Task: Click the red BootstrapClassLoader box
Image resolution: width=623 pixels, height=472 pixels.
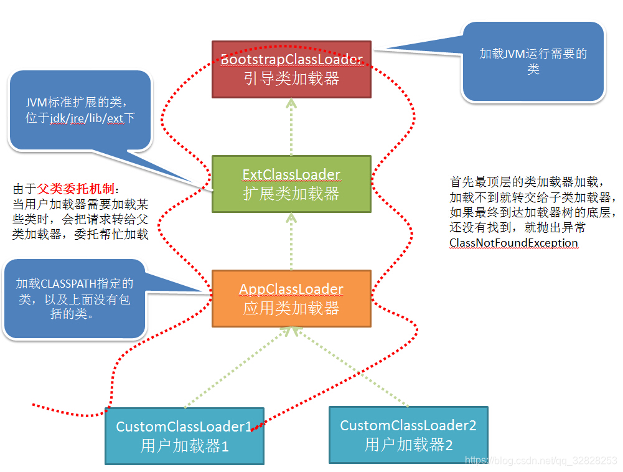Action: pyautogui.click(x=291, y=69)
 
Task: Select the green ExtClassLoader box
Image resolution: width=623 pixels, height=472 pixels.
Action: pyautogui.click(x=291, y=184)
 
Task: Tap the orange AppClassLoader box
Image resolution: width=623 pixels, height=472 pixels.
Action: pyautogui.click(x=291, y=298)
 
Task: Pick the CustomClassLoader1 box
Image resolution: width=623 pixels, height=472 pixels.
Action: pyautogui.click(x=184, y=436)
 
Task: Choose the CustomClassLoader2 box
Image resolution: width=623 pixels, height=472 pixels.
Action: pyautogui.click(x=408, y=435)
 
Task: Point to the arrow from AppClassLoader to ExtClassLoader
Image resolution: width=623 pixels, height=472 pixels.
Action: pyautogui.click(x=291, y=241)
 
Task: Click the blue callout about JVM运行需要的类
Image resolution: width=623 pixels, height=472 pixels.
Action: pyautogui.click(x=533, y=61)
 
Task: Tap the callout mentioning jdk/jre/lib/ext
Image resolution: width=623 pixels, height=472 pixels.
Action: pyautogui.click(x=80, y=110)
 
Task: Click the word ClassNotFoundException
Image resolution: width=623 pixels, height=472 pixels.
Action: pyautogui.click(x=513, y=243)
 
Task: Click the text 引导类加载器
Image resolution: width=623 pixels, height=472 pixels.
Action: pyautogui.click(x=291, y=79)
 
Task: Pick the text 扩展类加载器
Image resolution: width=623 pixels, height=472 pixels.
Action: pyautogui.click(x=291, y=194)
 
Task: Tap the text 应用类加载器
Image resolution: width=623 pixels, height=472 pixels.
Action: pyautogui.click(x=291, y=308)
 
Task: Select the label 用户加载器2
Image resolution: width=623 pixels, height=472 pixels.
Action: pyautogui.click(x=408, y=445)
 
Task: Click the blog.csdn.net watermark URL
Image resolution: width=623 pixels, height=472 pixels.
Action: pyautogui.click(x=541, y=460)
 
